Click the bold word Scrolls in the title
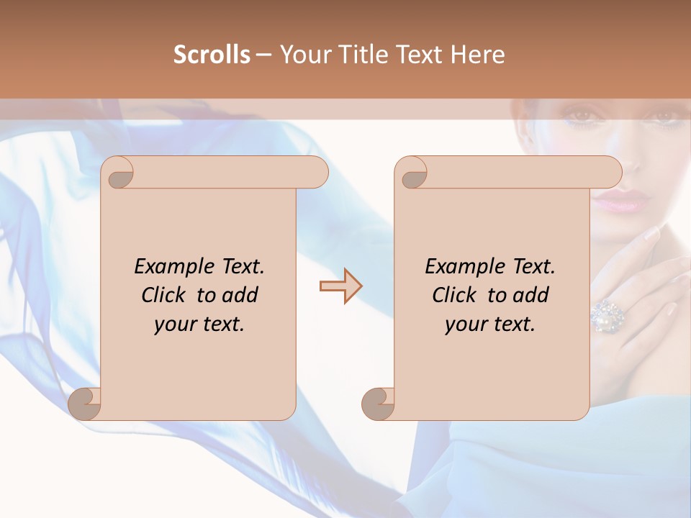(x=212, y=55)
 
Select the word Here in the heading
(x=477, y=55)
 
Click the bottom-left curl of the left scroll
(x=84, y=404)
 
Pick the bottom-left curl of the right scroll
(x=378, y=404)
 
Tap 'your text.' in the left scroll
(x=199, y=324)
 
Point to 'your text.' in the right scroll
(x=490, y=324)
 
